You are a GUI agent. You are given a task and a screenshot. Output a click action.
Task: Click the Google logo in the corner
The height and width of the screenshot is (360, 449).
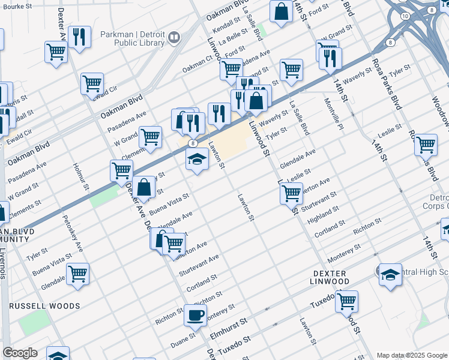(20, 353)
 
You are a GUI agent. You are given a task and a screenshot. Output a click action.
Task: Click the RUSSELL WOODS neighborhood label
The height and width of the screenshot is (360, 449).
(44, 306)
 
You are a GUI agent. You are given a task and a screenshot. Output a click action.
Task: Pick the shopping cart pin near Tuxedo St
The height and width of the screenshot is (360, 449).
(346, 301)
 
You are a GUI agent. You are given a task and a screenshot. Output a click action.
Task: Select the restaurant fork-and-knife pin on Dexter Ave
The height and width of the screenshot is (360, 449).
(79, 37)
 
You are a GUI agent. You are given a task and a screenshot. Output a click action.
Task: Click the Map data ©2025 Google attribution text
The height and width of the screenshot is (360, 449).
(411, 355)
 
